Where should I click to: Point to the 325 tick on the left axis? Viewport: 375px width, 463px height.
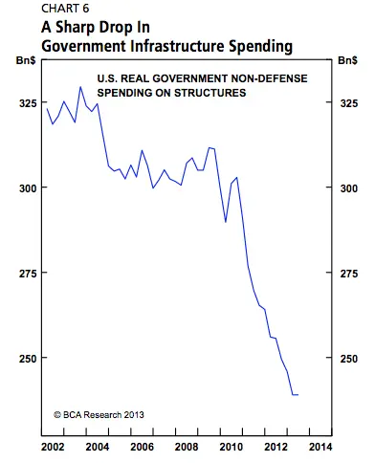(x=22, y=102)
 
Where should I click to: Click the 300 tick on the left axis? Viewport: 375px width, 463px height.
(x=22, y=187)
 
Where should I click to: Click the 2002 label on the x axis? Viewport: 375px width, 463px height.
(x=52, y=447)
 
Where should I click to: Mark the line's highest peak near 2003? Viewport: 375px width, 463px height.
(x=80, y=87)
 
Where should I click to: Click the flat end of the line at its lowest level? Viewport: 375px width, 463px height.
(x=295, y=394)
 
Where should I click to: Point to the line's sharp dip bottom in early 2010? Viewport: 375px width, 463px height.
(x=227, y=222)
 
